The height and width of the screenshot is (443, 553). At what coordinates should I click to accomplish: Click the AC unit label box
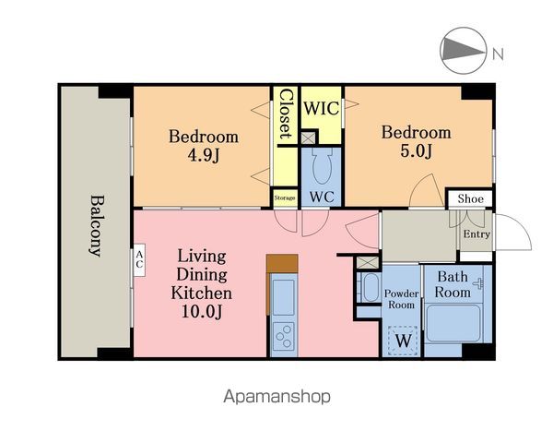pos(139,260)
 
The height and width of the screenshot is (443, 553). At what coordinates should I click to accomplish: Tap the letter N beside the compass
pos(498,54)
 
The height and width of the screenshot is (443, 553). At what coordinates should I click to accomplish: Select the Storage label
pos(285,198)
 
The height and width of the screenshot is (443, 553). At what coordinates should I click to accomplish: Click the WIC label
pos(322,108)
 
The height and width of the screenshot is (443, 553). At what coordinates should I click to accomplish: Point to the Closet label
pos(286,114)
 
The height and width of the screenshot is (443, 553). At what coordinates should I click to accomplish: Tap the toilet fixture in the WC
pos(322,166)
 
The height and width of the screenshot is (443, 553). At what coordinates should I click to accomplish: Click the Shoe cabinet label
pos(470,199)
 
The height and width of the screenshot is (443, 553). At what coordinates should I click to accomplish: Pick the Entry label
pos(477,233)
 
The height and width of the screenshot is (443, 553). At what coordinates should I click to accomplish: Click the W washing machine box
pos(403,341)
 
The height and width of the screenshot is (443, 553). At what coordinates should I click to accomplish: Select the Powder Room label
pos(401,299)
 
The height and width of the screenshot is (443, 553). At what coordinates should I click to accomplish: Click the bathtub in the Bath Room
pos(453,324)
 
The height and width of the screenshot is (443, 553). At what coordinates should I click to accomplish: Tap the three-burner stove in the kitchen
pos(284,336)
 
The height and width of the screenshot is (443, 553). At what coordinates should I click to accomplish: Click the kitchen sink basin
pos(284,297)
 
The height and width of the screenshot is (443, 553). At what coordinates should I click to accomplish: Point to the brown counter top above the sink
pos(282,264)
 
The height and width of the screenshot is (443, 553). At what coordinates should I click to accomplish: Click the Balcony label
pos(95,225)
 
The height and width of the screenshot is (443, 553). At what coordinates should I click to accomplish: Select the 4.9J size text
pos(204,155)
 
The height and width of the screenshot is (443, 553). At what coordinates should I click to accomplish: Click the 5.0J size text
pos(416,150)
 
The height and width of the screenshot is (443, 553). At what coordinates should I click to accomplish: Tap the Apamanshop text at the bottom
pos(276,396)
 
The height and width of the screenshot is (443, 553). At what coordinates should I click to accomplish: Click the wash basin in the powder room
pos(369,288)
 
